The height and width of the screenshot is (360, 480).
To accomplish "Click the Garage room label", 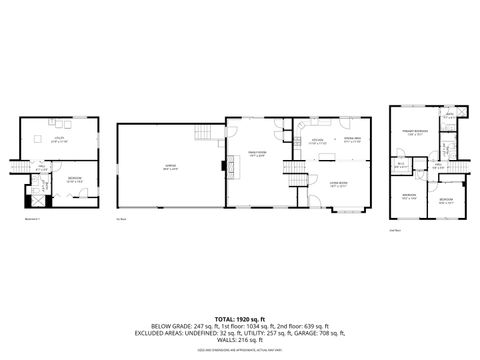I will pyautogui.click(x=171, y=169).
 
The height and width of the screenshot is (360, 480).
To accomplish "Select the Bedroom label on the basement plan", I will pyautogui.click(x=74, y=181).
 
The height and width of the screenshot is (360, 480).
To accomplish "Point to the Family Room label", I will pyautogui.click(x=256, y=155).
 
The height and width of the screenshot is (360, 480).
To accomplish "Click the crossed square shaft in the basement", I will pyautogui.click(x=36, y=199).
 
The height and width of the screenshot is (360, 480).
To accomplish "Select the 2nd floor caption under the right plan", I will pyautogui.click(x=394, y=230).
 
